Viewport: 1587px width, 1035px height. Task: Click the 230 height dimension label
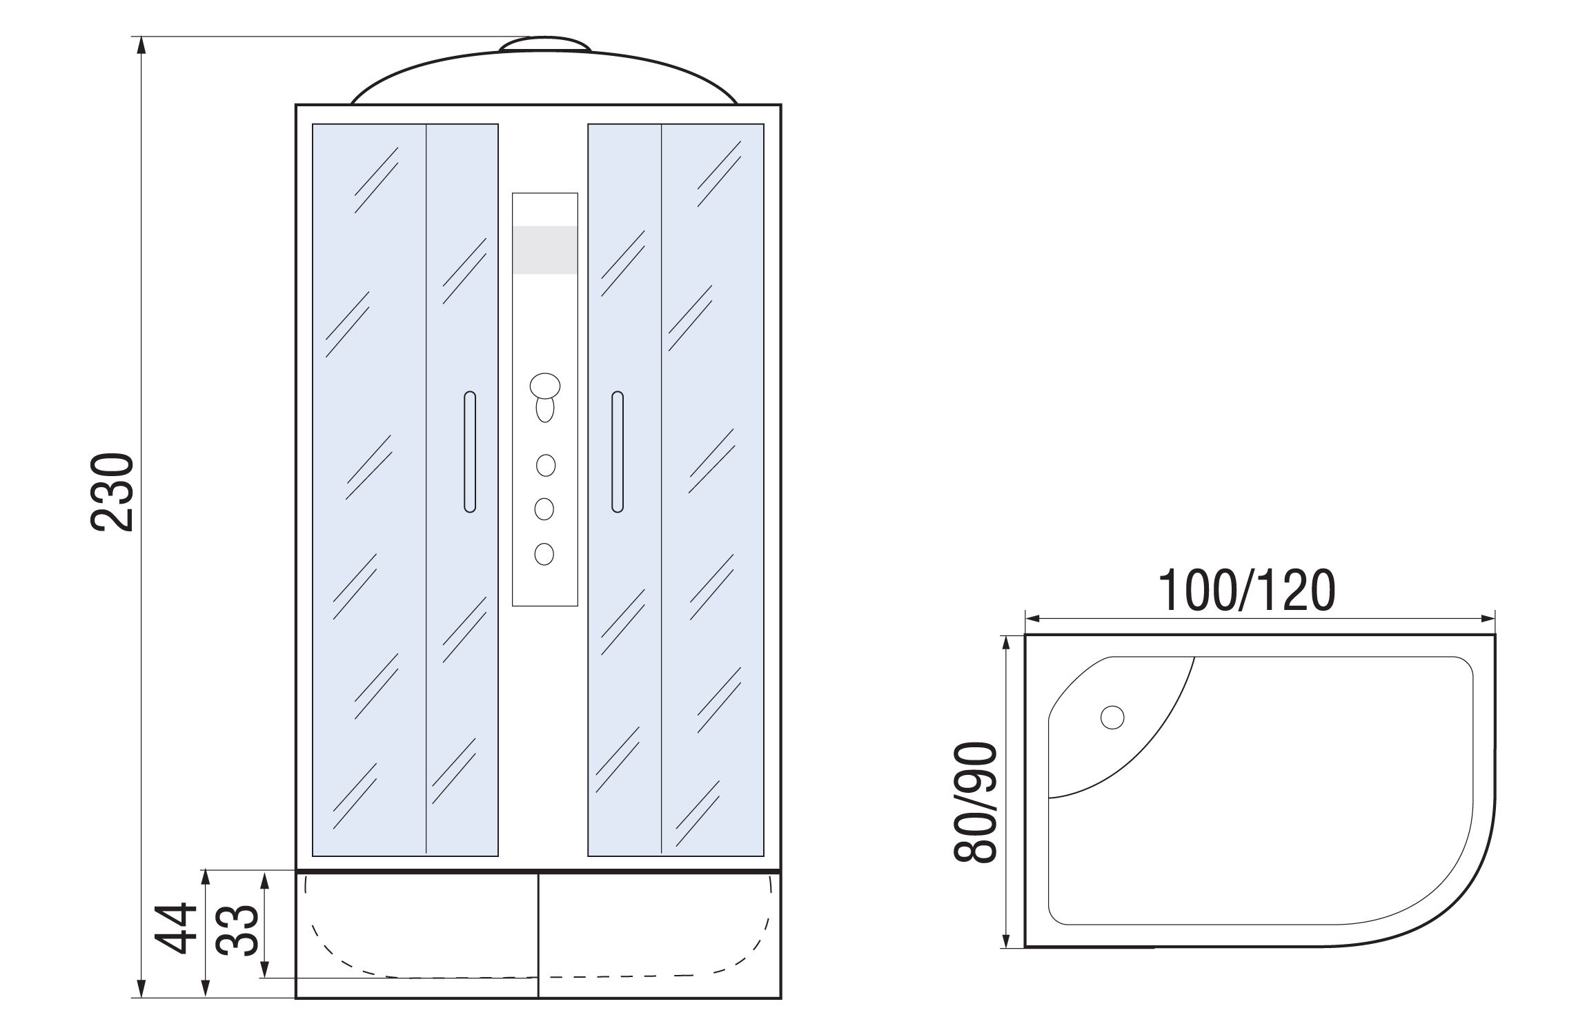[x=111, y=492]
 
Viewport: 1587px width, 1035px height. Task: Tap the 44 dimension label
[x=170, y=928]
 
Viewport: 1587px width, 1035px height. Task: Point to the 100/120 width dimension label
[x=1247, y=591]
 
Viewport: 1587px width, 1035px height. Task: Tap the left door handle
[x=470, y=452]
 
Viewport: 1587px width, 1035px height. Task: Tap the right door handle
[x=618, y=452]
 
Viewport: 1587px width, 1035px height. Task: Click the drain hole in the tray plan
[x=1112, y=718]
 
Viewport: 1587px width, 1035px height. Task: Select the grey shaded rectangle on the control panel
[x=545, y=250]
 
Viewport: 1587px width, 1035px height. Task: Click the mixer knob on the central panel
[x=545, y=386]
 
